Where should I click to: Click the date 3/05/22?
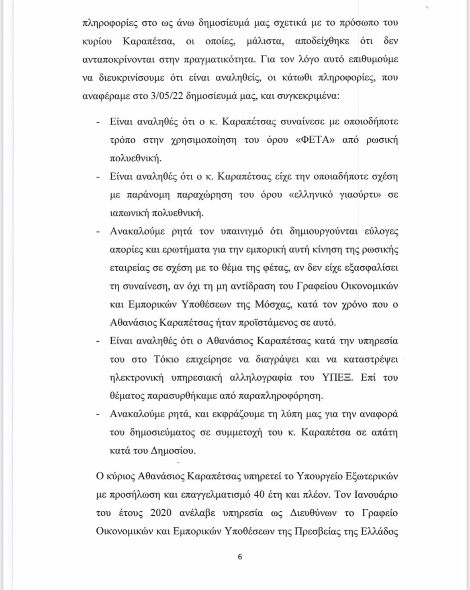point(165,97)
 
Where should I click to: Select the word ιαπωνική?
point(129,213)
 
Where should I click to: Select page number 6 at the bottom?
point(240,557)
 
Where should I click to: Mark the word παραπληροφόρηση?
point(281,396)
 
